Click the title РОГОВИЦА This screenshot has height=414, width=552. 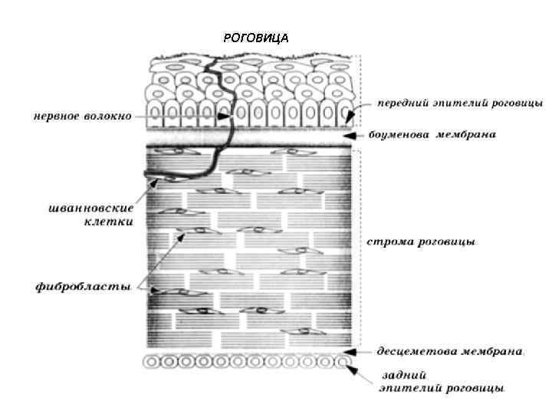point(255,37)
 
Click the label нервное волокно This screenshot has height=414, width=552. point(81,117)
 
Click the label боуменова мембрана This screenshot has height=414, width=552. point(432,135)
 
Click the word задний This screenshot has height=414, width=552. point(400,376)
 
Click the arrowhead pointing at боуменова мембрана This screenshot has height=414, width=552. point(347,136)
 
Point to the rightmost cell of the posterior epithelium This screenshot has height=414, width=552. point(344,360)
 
